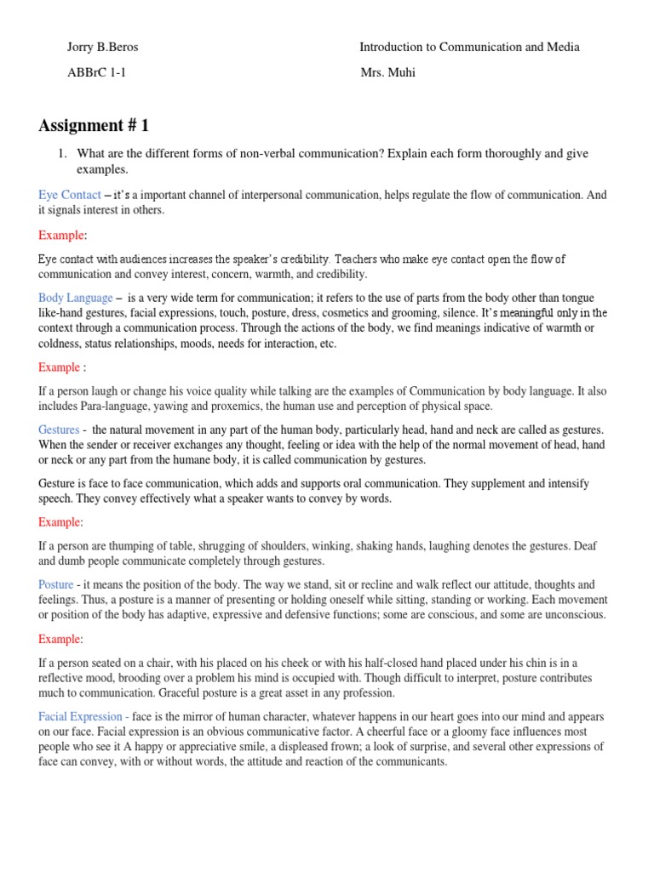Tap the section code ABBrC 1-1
tap(97, 73)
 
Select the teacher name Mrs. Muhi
tap(387, 73)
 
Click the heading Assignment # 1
tap(94, 126)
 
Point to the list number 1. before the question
tap(62, 154)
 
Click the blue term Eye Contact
tap(70, 195)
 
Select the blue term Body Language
tap(75, 298)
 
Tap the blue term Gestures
tap(59, 430)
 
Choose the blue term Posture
tap(56, 584)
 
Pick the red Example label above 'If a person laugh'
tap(60, 367)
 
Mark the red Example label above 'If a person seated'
tap(60, 639)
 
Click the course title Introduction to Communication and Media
tap(469, 48)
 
